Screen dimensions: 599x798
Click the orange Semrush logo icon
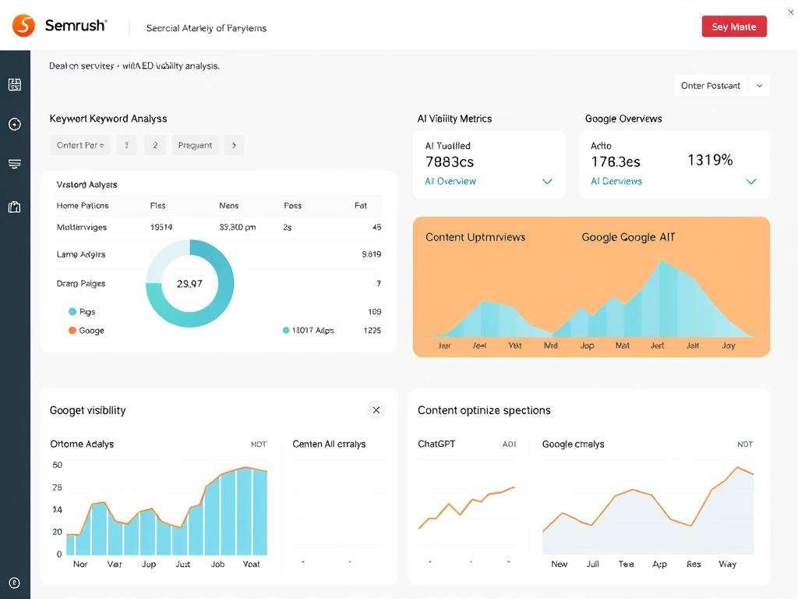pyautogui.click(x=24, y=26)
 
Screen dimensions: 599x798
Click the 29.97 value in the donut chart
pyautogui.click(x=189, y=284)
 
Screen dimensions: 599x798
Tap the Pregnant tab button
pyautogui.click(x=195, y=145)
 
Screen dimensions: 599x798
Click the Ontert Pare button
pyautogui.click(x=79, y=145)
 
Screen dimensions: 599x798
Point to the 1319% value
pyautogui.click(x=710, y=160)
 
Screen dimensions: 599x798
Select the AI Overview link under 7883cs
pyautogui.click(x=450, y=181)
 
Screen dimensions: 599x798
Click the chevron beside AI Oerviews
pyautogui.click(x=751, y=182)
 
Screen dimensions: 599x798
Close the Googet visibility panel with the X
pyautogui.click(x=376, y=409)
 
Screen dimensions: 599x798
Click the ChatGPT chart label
pyautogui.click(x=436, y=444)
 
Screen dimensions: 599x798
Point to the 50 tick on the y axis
pyautogui.click(x=57, y=465)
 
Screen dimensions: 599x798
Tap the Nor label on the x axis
pyautogui.click(x=80, y=564)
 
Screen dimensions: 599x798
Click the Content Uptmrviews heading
pyautogui.click(x=475, y=237)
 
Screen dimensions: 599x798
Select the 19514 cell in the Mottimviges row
pyautogui.click(x=161, y=227)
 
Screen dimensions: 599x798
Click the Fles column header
pyautogui.click(x=157, y=206)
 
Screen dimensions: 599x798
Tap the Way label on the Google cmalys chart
pyautogui.click(x=727, y=564)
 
